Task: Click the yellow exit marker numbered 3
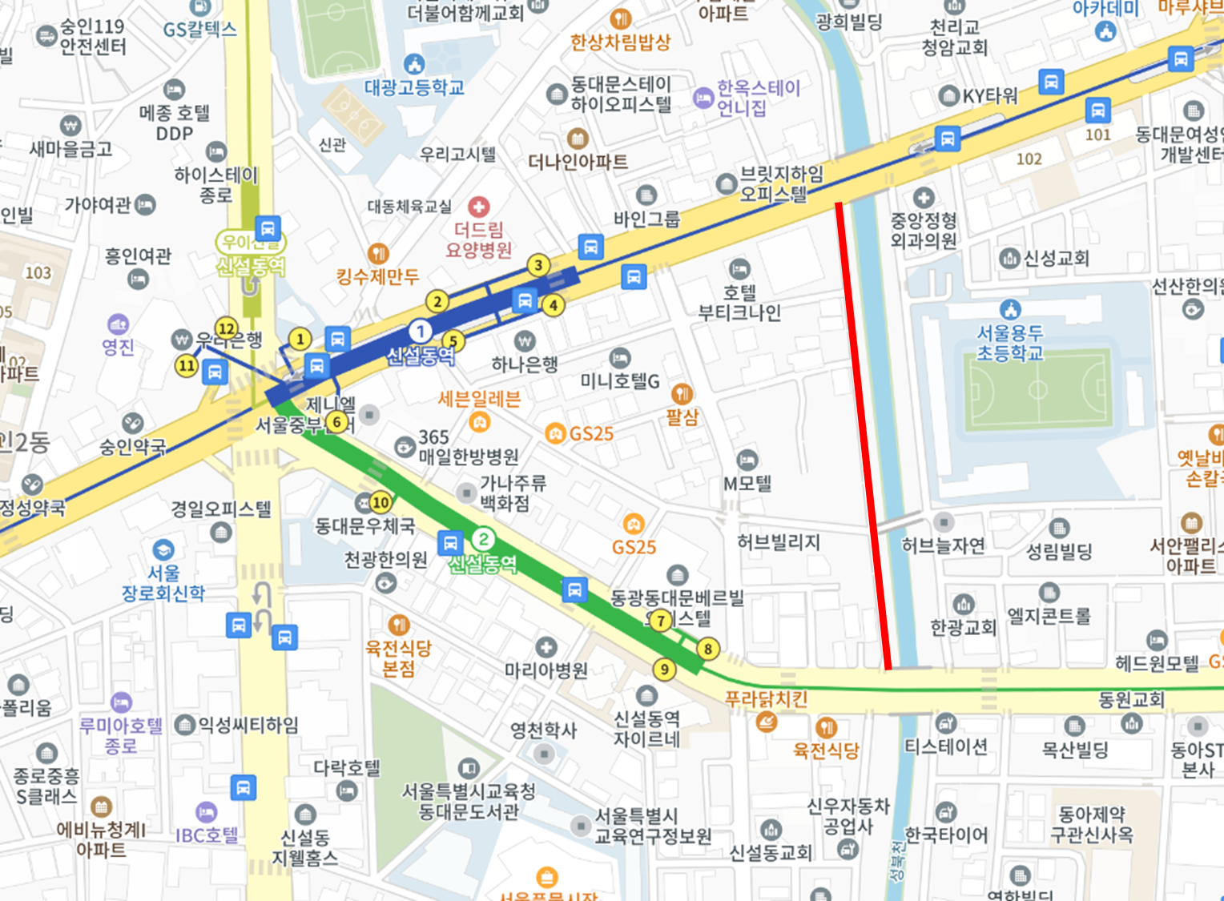[x=538, y=265]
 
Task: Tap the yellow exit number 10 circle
[x=380, y=502]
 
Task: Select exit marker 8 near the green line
[x=707, y=649]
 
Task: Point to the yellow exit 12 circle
[x=227, y=328]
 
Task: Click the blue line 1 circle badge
[x=420, y=331]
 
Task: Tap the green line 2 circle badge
[x=483, y=539]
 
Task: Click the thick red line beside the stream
[x=863, y=436]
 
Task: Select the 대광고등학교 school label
[x=414, y=87]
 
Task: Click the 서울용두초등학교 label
[x=1009, y=343]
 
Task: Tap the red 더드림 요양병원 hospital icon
[x=479, y=207]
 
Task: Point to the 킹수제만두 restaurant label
[x=377, y=277]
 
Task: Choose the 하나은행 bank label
[x=525, y=364]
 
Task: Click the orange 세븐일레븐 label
[x=479, y=399]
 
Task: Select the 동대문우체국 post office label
[x=364, y=526]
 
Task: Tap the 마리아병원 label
[x=546, y=670]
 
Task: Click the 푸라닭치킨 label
[x=766, y=699]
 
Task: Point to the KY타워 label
[x=990, y=96]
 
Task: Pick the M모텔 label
[x=747, y=483]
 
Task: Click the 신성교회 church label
[x=1056, y=258]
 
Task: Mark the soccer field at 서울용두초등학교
[x=1038, y=390]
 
